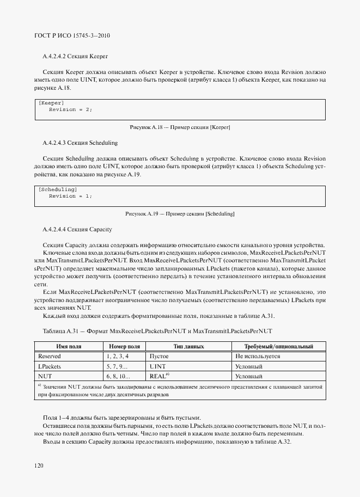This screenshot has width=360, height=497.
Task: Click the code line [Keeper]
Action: (x=51, y=103)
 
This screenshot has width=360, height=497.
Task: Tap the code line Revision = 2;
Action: (x=70, y=109)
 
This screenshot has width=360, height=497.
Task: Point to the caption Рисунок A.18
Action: (x=180, y=127)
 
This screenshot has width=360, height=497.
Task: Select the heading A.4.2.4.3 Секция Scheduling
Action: (x=80, y=143)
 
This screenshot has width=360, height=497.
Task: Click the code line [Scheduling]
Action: (x=57, y=189)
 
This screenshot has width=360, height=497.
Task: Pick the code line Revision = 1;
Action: (x=70, y=196)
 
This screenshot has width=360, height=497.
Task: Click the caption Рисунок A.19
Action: (x=180, y=213)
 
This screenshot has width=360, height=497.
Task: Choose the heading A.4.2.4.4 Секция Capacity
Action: (x=77, y=229)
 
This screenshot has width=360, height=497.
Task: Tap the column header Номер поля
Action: (x=124, y=346)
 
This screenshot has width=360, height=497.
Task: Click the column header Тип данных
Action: (x=188, y=346)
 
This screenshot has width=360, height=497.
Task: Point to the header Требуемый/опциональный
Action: (x=279, y=346)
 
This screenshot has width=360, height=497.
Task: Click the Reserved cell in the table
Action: (x=49, y=355)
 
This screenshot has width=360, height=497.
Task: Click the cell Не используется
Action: (x=257, y=355)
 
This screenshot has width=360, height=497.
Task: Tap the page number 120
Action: (x=39, y=465)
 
